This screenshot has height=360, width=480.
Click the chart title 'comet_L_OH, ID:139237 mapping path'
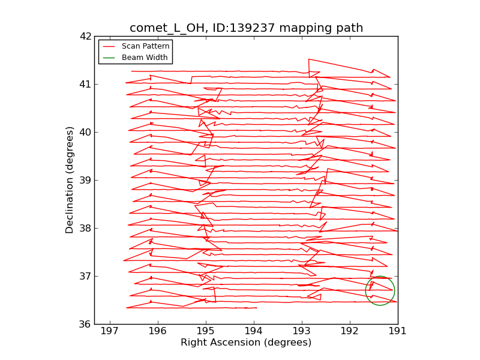tap(246, 28)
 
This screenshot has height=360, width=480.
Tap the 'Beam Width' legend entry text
tap(145, 58)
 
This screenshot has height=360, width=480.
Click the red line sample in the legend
tap(109, 46)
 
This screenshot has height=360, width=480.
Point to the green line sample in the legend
tap(109, 58)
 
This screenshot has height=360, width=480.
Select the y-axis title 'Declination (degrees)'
tap(70, 180)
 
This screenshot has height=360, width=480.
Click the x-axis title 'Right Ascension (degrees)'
tap(246, 343)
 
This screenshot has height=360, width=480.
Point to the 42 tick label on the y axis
tap(85, 36)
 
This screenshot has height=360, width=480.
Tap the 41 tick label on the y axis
tap(85, 84)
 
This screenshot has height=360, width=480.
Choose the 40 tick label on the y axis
tap(85, 132)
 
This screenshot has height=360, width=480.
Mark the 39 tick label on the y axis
tap(85, 180)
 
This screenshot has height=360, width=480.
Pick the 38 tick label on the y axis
tap(85, 228)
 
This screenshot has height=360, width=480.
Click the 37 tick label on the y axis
tap(85, 276)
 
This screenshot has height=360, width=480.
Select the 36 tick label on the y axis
tap(85, 324)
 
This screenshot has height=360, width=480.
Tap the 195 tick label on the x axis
tap(206, 331)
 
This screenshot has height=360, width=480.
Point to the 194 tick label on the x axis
tap(254, 331)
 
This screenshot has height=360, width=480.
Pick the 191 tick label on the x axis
tap(398, 331)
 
